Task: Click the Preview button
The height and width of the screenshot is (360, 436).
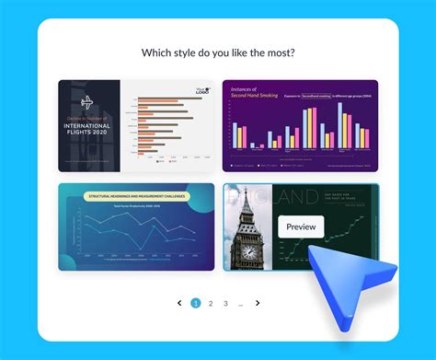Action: pyautogui.click(x=301, y=226)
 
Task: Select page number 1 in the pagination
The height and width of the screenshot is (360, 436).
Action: pyautogui.click(x=195, y=303)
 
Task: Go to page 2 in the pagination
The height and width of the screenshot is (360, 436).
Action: pyautogui.click(x=211, y=303)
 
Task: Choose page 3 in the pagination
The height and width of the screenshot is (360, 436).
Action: pyautogui.click(x=225, y=303)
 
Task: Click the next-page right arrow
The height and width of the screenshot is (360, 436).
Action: pyautogui.click(x=258, y=303)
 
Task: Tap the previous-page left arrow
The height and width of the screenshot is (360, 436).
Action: pyautogui.click(x=179, y=303)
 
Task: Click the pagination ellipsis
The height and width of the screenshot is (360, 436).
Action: pyautogui.click(x=241, y=303)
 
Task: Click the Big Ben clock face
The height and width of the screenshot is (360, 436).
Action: pyautogui.click(x=247, y=252)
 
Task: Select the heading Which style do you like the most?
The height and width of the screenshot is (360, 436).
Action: pyautogui.click(x=218, y=52)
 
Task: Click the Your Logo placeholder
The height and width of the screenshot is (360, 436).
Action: pyautogui.click(x=201, y=90)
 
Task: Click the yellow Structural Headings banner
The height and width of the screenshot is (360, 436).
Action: pyautogui.click(x=136, y=196)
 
